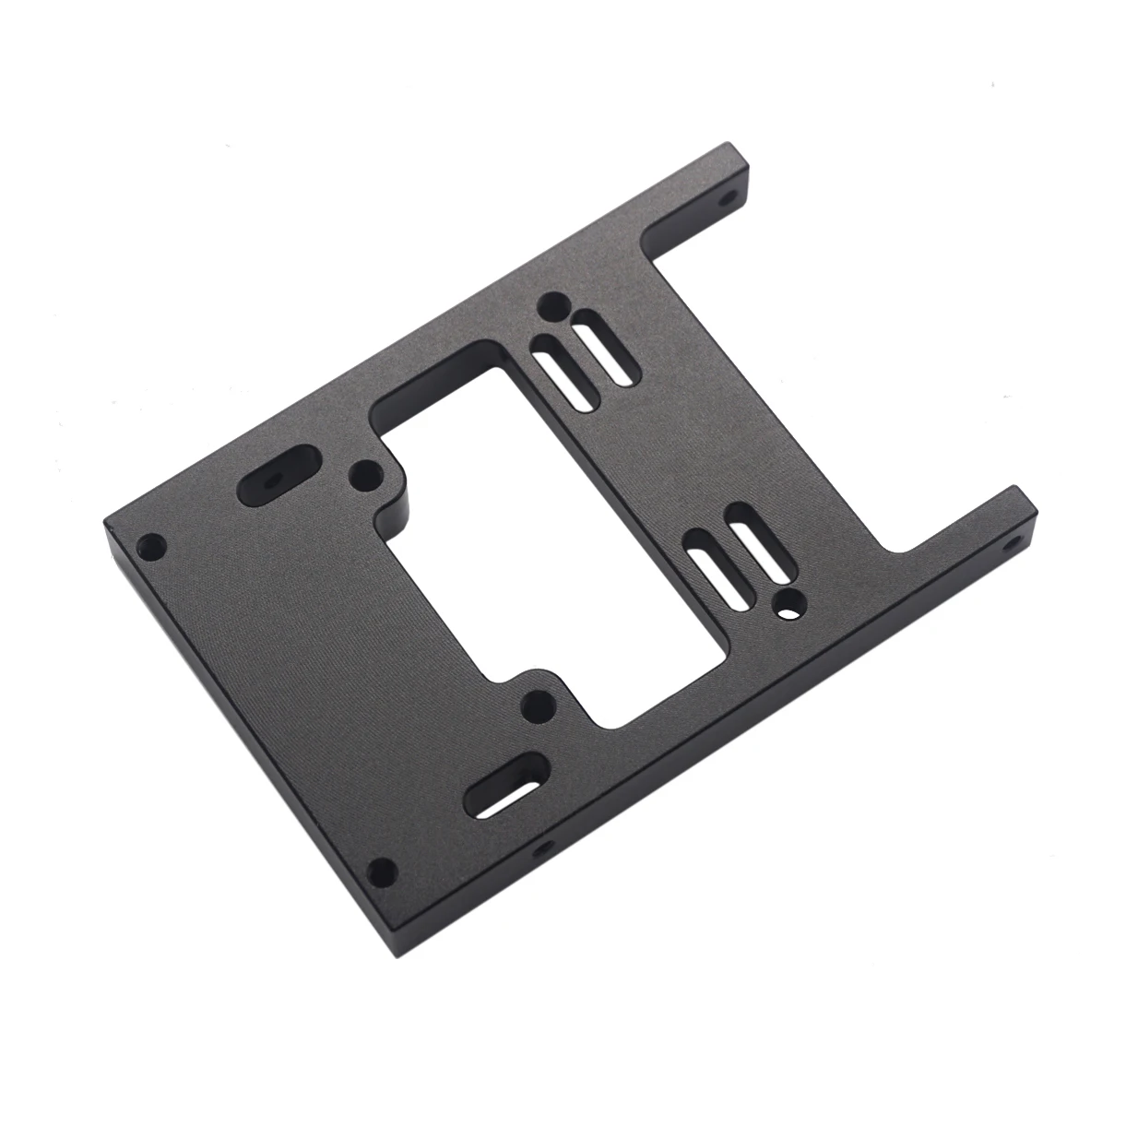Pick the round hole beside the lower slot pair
(x=788, y=604)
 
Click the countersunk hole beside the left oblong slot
(x=366, y=477)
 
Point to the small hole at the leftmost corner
(x=148, y=546)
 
